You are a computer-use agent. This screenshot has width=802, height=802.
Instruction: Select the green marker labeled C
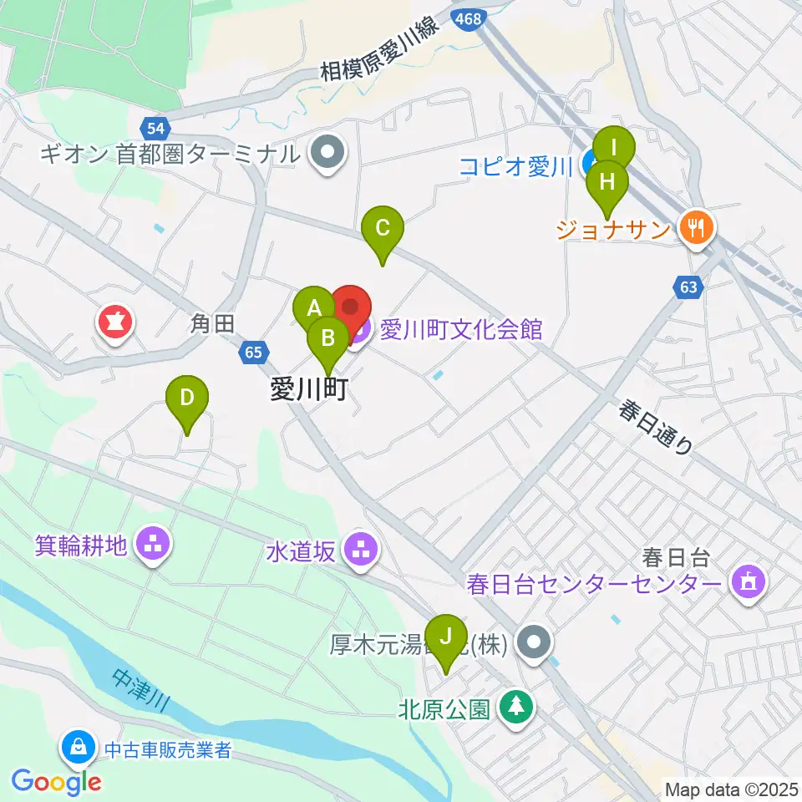point(383,227)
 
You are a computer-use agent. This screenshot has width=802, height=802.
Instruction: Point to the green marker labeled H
point(607,181)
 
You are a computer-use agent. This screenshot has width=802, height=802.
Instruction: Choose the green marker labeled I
point(614,149)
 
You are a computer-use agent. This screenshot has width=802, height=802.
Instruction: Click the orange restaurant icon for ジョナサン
point(696,226)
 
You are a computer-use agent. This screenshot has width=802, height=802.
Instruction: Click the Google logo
point(57,782)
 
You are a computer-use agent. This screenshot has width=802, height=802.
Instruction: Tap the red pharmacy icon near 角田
point(116,323)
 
